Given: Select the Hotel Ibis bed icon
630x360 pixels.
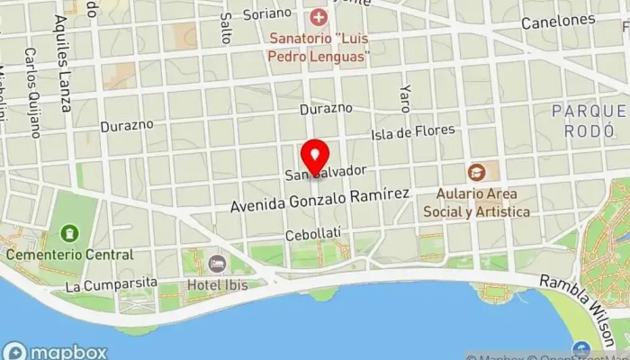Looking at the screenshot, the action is (x=217, y=264).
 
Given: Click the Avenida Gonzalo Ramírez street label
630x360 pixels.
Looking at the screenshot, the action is (x=319, y=199).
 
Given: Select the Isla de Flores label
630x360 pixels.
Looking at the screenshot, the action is (x=414, y=133).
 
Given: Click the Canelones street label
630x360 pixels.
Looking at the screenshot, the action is (x=557, y=20).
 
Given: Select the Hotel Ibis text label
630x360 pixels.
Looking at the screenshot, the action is (x=217, y=285).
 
